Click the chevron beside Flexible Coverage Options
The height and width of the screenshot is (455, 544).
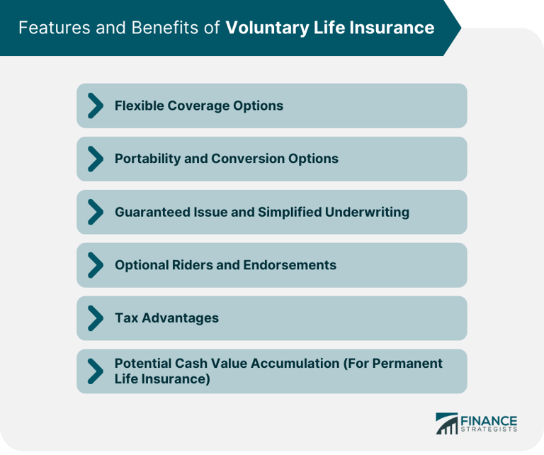[95, 106]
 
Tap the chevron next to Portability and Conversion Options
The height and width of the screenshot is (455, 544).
[95, 159]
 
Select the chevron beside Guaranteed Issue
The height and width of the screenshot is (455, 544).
[95, 212]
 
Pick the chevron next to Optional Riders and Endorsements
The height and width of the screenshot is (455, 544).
[95, 265]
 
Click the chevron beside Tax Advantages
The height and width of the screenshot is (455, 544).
[95, 318]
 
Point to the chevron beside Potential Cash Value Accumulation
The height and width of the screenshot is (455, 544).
[95, 371]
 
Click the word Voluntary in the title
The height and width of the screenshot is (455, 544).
[261, 28]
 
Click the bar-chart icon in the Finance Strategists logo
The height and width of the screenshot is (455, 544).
[446, 423]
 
